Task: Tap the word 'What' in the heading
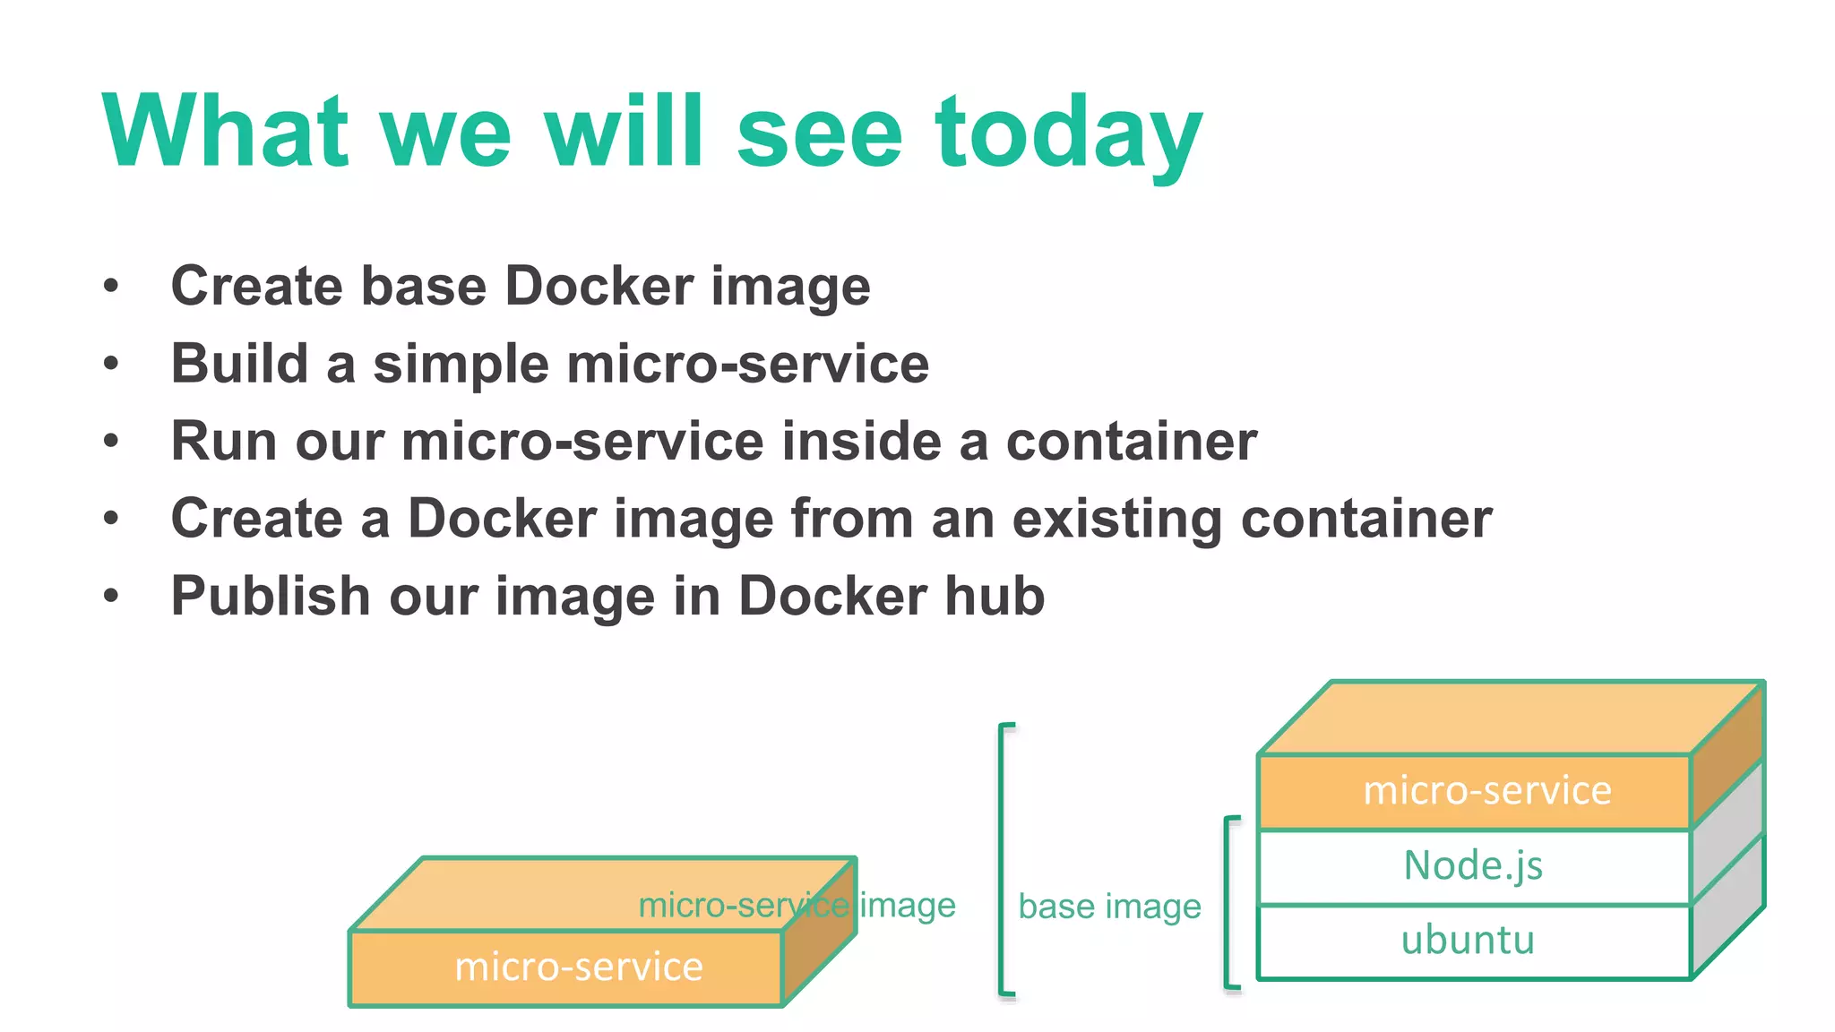(225, 132)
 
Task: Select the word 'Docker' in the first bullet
(599, 287)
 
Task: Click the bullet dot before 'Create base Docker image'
(111, 287)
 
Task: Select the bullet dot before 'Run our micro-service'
(111, 442)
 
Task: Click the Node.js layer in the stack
(1473, 866)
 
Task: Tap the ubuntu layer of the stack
(1468, 941)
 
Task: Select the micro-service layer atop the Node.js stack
(1486, 791)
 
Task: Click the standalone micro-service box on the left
(579, 967)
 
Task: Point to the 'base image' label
(1109, 907)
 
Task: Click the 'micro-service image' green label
(797, 905)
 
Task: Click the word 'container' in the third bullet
(1132, 442)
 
